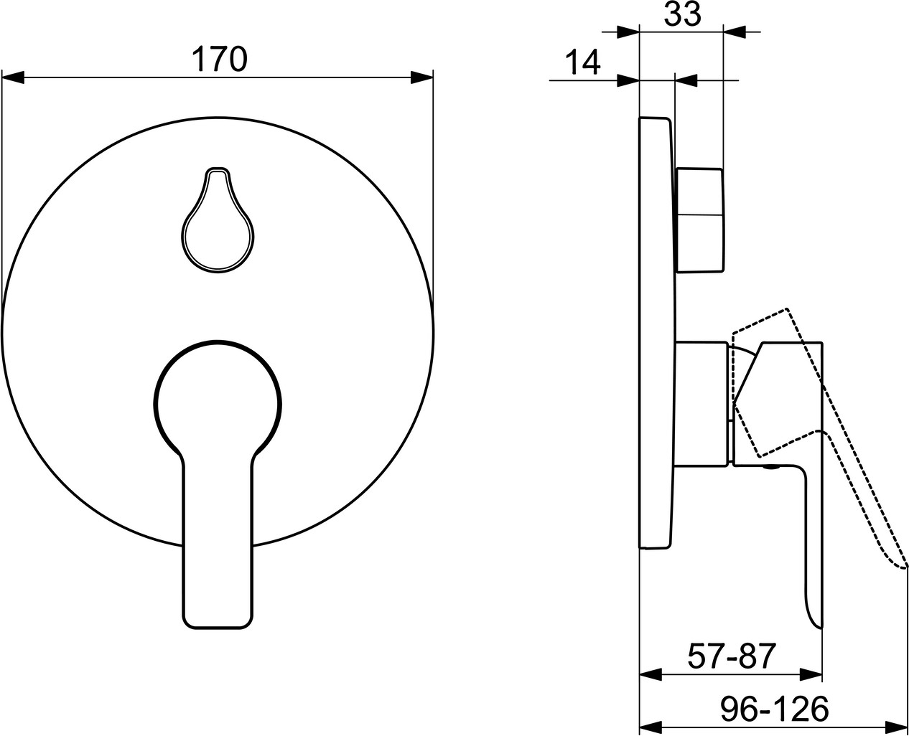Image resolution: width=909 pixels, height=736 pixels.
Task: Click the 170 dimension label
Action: point(220,59)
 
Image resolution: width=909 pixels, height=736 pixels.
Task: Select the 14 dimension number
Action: point(582,62)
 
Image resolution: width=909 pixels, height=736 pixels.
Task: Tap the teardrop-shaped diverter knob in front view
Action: point(218,220)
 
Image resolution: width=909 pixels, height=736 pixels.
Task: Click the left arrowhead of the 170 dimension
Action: point(13,78)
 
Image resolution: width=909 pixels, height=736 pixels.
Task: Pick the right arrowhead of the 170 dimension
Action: point(422,78)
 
